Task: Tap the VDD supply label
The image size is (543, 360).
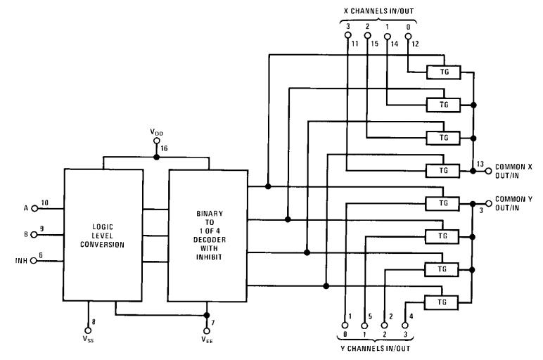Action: pyautogui.click(x=156, y=132)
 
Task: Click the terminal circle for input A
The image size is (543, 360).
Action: pyautogui.click(x=34, y=208)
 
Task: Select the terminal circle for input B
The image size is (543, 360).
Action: pyautogui.click(x=34, y=234)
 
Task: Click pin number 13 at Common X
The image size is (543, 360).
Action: pyautogui.click(x=480, y=164)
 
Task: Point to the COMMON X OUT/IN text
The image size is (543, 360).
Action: pyautogui.click(x=516, y=170)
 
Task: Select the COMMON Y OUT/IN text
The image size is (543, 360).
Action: pyautogui.click(x=516, y=203)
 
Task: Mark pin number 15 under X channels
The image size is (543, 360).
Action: pyautogui.click(x=375, y=44)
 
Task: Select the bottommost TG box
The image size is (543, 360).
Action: pyautogui.click(x=443, y=302)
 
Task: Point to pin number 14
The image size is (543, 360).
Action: pyautogui.click(x=394, y=44)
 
